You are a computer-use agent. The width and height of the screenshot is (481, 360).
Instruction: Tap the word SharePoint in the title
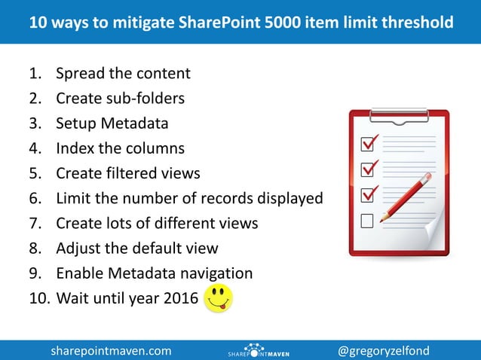point(221,23)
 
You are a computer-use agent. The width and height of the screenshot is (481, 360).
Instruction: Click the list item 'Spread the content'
point(123,74)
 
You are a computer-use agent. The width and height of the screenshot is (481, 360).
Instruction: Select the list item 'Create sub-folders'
point(120,99)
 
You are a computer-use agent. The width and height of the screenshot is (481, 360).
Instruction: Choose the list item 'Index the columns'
point(120,148)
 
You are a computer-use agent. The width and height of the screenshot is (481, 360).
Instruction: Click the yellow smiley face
point(219,298)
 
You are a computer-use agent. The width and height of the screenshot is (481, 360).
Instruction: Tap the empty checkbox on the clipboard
point(368,221)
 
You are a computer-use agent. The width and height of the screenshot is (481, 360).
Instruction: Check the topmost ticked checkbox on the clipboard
point(369,142)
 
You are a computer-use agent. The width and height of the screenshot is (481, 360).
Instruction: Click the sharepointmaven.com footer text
point(111,350)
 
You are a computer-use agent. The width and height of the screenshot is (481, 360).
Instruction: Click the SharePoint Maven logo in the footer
point(259,350)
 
